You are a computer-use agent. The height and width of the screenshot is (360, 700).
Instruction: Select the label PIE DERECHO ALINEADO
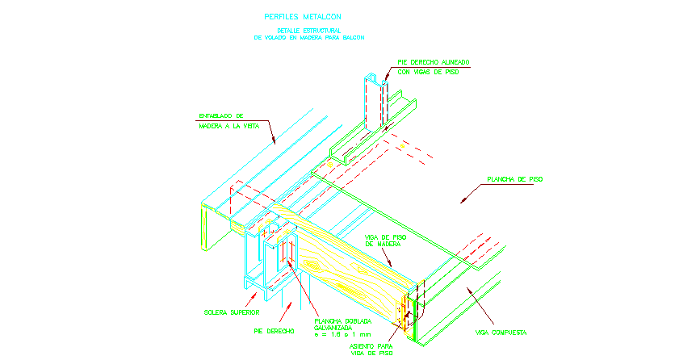(x=434, y=62)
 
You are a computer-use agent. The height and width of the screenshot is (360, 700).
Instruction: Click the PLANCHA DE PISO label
(x=513, y=179)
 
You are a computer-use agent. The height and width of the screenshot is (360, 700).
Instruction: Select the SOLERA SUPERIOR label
(x=231, y=312)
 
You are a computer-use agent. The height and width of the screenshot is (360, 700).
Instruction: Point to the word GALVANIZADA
(x=341, y=328)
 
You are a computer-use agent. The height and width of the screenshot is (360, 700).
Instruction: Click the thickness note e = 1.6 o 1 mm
(x=343, y=335)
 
